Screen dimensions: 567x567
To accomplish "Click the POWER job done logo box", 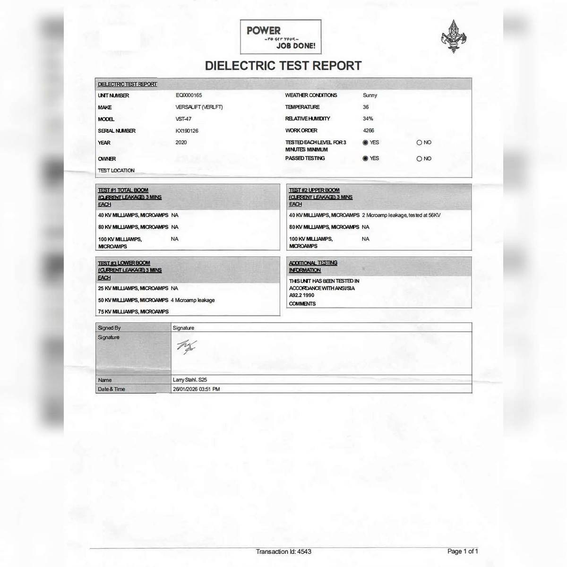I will pos(281,37).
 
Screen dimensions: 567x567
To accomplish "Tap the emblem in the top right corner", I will pos(454,36).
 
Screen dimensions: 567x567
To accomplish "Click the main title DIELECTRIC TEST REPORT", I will pos(283,66).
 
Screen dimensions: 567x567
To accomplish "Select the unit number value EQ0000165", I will pos(189,95).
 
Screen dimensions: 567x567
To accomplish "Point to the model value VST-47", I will pos(183,119).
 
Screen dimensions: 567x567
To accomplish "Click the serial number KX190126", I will pos(187,131).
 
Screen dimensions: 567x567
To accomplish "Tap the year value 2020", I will pos(181,142).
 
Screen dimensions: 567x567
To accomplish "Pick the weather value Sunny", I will pos(370,95).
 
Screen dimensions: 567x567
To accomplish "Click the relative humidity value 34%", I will pos(368,119).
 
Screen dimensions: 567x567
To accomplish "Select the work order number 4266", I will pos(369,130).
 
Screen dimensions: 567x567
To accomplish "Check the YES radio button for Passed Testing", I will pos(365,159).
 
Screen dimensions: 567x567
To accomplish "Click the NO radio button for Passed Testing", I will pos(419,159).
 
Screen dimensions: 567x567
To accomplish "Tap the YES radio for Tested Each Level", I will pos(365,143).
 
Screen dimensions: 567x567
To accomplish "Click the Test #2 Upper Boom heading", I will pos(320,197).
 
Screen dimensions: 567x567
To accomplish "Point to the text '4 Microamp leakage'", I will pos(193,300).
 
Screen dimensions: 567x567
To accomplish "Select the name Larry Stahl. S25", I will pos(190,380).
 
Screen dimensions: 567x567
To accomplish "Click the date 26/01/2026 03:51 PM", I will pos(196,389).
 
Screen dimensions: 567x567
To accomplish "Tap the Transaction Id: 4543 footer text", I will pos(283,551).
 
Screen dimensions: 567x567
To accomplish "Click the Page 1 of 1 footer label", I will pos(463,551).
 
